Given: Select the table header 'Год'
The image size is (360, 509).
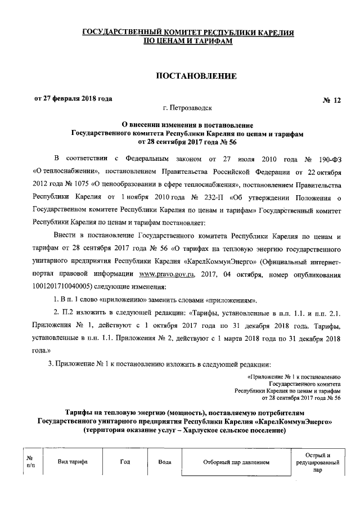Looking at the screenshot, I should point(125,462).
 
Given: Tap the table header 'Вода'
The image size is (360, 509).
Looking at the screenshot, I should point(165,462).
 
